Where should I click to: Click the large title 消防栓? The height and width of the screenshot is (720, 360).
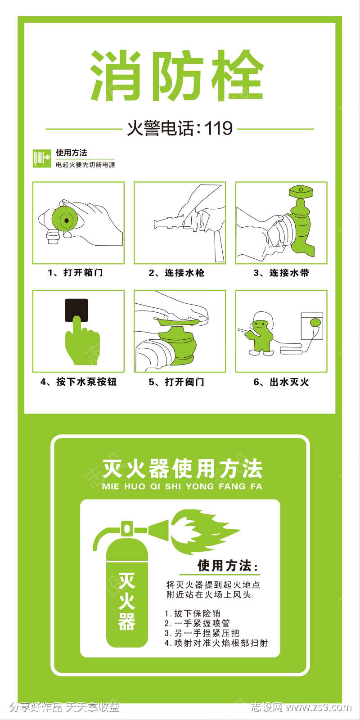(x=177, y=76)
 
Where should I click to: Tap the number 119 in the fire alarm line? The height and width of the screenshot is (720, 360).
(x=219, y=128)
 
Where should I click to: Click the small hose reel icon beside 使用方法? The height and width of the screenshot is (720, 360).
(x=42, y=158)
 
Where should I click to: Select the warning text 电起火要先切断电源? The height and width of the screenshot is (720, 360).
(x=85, y=165)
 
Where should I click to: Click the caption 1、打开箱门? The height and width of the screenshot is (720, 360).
(x=76, y=273)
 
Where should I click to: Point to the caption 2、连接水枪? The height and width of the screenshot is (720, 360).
(x=177, y=273)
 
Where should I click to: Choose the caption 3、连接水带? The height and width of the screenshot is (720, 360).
(x=281, y=273)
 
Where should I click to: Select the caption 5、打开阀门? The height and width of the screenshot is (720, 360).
(x=177, y=382)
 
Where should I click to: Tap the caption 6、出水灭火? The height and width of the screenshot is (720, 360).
(x=281, y=382)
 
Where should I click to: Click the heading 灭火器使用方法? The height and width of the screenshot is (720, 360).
(x=182, y=469)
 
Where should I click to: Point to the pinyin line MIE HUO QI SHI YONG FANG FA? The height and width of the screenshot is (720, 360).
(x=182, y=486)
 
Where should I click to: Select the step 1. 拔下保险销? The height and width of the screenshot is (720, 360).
(x=193, y=613)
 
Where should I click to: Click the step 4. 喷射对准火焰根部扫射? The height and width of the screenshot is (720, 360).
(x=216, y=643)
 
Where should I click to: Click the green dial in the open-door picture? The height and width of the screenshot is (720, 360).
(x=66, y=220)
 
